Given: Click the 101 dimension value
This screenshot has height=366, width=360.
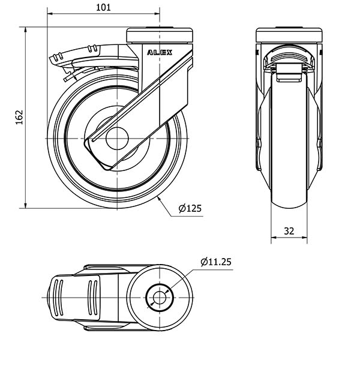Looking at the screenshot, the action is tap(103, 7).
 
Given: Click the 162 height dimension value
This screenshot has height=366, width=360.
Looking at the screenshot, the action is tap(19, 117).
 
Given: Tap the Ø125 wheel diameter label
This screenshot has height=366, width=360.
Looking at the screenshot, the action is tap(190, 208).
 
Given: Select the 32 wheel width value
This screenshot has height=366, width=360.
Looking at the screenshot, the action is tap(289, 231).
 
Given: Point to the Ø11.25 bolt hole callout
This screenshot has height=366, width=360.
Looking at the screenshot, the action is tap(216, 262).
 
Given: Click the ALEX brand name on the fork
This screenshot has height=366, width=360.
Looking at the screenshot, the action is tap(160, 53).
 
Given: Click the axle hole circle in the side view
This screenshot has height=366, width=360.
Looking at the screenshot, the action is tap(117, 139).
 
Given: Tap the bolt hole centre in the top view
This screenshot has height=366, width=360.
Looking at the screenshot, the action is tap(160, 298).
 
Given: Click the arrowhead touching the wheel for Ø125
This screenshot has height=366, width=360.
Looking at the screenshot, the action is tap(159, 199).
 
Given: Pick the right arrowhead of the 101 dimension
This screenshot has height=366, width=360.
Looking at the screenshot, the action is tap(157, 14).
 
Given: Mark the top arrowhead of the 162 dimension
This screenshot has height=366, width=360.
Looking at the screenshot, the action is tap(25, 29).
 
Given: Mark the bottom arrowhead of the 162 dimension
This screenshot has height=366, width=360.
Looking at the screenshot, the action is tap(25, 205).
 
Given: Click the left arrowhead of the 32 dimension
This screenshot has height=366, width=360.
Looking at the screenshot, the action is tap(274, 238).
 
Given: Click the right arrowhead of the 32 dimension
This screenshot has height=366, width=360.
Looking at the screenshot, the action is tap(304, 238).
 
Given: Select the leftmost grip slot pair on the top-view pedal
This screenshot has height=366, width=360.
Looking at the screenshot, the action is tap(58, 298).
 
